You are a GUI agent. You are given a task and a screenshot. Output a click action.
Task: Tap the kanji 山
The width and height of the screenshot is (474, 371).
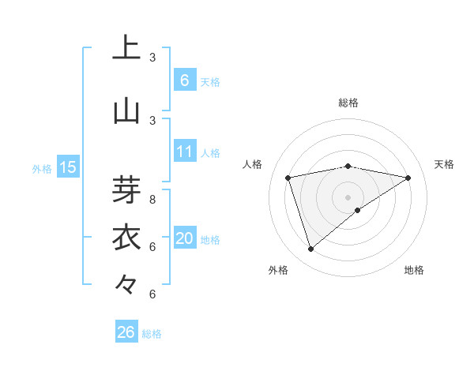[x=126, y=111]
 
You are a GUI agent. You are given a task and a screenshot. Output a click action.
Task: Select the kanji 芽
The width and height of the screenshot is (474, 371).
[x=126, y=189]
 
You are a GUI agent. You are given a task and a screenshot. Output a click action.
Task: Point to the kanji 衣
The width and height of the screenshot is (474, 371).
[x=126, y=238]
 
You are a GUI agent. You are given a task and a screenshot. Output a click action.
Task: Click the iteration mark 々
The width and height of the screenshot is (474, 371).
[x=126, y=284]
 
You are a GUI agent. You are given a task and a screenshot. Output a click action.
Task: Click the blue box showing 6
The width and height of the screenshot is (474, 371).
[x=184, y=80]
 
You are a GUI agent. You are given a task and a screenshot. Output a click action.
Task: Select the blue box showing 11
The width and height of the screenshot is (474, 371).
[x=184, y=152]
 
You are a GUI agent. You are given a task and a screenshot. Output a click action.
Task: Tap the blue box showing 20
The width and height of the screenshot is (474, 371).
[x=184, y=238]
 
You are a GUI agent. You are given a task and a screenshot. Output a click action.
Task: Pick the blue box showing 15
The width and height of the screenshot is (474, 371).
[x=67, y=167]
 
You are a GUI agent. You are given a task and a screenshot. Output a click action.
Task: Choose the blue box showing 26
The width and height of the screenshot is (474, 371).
[x=126, y=332]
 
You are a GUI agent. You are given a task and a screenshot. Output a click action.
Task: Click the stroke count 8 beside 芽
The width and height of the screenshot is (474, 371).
[x=152, y=200]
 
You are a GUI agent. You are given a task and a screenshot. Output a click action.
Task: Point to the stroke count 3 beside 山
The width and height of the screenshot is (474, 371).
[x=152, y=121]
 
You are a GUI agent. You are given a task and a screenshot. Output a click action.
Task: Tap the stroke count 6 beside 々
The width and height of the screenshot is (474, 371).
[x=152, y=294]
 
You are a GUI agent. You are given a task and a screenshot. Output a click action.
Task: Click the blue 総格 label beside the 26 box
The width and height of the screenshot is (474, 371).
[x=152, y=334]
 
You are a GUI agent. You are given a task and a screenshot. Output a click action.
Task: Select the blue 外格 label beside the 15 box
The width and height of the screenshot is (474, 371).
[x=41, y=168]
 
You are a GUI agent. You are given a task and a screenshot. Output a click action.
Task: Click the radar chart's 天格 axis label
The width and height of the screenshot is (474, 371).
[x=444, y=164]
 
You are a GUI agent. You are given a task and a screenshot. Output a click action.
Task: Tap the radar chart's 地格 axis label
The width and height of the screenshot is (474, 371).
[x=414, y=271]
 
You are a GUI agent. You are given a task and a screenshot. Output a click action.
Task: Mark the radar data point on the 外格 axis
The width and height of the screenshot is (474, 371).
[x=310, y=249]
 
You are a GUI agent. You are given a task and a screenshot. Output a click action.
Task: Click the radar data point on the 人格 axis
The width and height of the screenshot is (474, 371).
[x=288, y=178]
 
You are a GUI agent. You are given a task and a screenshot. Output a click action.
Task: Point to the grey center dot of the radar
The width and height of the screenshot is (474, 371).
[x=348, y=197]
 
